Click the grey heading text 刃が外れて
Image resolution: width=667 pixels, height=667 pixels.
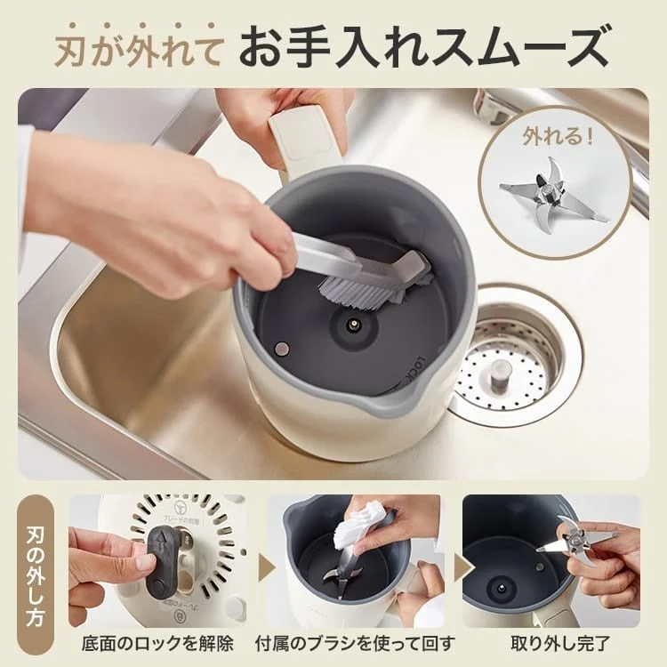pyautogui.click(x=141, y=45)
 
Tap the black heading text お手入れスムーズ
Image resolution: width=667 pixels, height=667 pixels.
pyautogui.click(x=424, y=45)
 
